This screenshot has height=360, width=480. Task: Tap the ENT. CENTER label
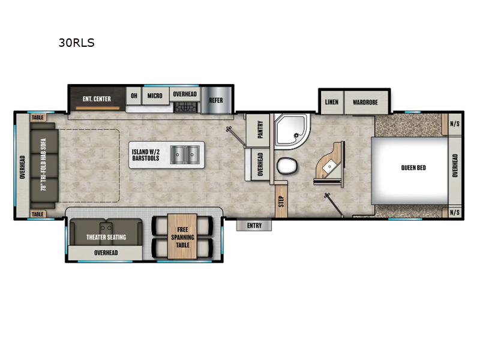tap(97, 98)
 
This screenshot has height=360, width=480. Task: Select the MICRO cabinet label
tap(155, 96)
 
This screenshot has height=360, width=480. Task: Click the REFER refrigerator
tap(215, 100)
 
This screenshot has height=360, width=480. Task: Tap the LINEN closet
tap(332, 102)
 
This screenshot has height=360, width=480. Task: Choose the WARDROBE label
tap(365, 102)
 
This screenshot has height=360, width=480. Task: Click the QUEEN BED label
tap(413, 167)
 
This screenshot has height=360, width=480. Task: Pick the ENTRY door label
tap(254, 225)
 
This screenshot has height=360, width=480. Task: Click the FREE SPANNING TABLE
tap(182, 236)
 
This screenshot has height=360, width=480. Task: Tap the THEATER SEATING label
tap(106, 237)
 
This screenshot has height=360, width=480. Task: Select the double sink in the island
tap(185, 155)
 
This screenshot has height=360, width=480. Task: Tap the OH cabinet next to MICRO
tap(134, 96)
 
